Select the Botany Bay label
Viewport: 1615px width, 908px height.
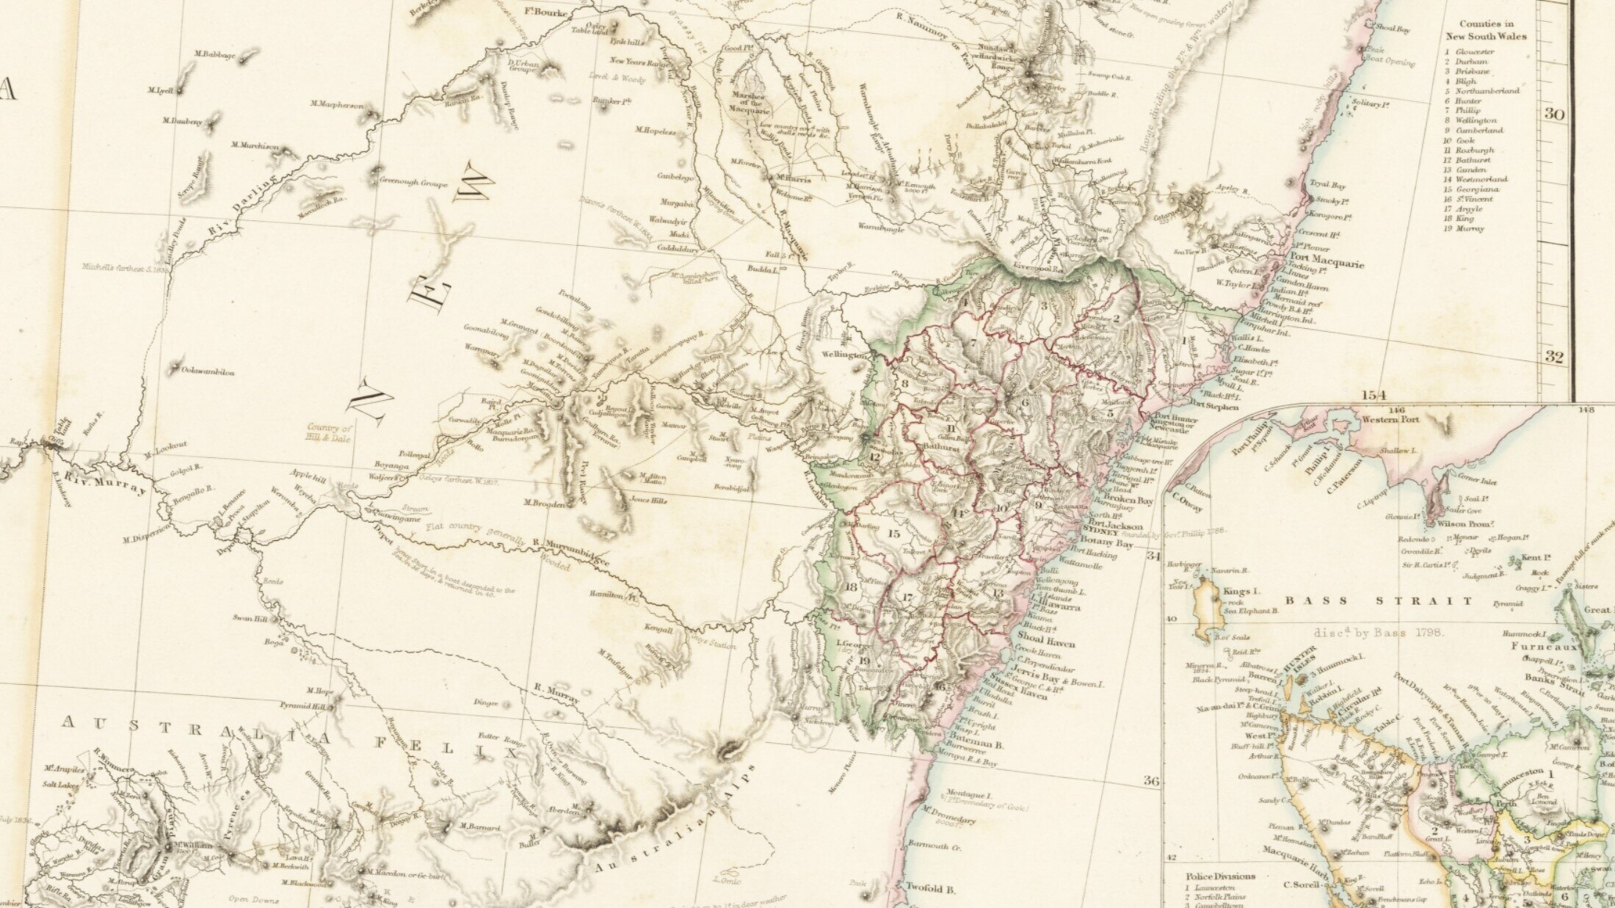pyautogui.click(x=1114, y=544)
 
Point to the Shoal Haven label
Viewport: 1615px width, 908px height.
pyautogui.click(x=1046, y=643)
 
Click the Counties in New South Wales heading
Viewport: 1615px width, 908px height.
pyautogui.click(x=1486, y=30)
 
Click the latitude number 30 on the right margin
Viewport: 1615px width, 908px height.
pyautogui.click(x=1553, y=115)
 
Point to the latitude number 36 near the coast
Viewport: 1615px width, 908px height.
pyautogui.click(x=1151, y=781)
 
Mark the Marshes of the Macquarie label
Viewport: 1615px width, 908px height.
pyautogui.click(x=750, y=103)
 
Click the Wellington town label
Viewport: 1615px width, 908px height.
pyautogui.click(x=844, y=355)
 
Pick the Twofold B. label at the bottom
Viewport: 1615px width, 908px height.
pyautogui.click(x=930, y=889)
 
